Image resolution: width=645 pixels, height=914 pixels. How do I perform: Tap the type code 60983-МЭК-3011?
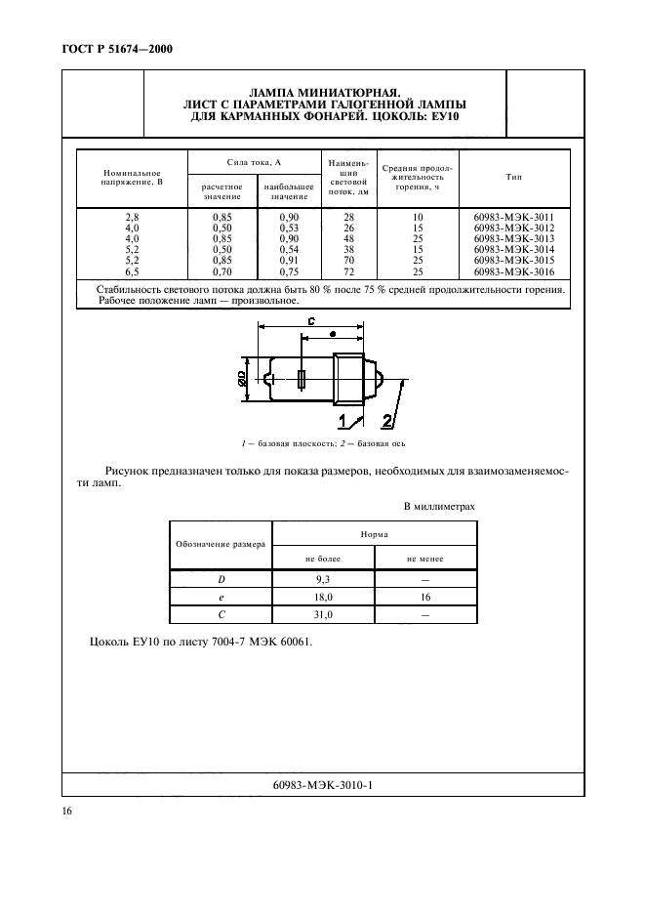(513, 216)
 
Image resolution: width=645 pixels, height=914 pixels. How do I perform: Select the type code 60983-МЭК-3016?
(513, 272)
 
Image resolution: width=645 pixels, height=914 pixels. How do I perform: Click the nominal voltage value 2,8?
(133, 216)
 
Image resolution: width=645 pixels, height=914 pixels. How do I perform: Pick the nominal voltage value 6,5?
(133, 272)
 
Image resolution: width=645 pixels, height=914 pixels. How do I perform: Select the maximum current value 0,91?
(289, 261)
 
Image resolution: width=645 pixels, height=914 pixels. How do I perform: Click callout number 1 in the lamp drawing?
(344, 421)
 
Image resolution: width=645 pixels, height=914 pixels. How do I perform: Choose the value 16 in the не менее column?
(425, 597)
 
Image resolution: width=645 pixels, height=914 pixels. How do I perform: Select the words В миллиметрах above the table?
(439, 507)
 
